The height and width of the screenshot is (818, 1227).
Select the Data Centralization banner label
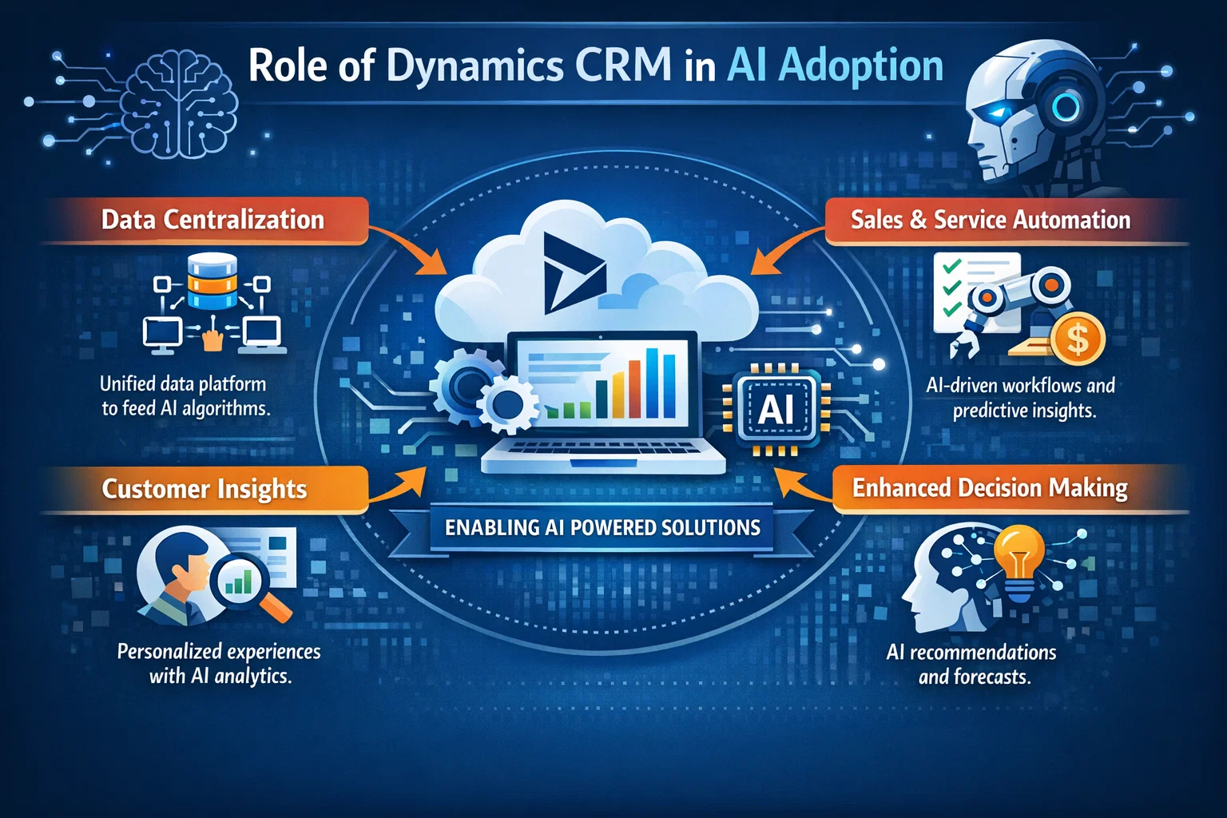click(x=212, y=220)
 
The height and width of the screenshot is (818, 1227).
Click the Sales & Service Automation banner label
click(x=991, y=220)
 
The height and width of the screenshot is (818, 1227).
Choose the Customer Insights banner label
click(x=204, y=489)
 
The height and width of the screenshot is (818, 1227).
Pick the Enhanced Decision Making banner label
click(x=990, y=488)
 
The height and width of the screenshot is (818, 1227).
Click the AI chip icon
click(x=776, y=410)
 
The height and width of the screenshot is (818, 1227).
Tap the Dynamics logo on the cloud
click(x=573, y=272)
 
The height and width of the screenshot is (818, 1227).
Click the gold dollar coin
click(x=1077, y=339)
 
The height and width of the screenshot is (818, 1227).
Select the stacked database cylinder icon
click(x=212, y=281)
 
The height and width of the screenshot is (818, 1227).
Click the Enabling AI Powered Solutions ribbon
click(x=602, y=528)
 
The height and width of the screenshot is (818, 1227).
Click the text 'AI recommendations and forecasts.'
click(x=971, y=665)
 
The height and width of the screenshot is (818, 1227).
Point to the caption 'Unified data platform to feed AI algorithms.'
click(x=185, y=396)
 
